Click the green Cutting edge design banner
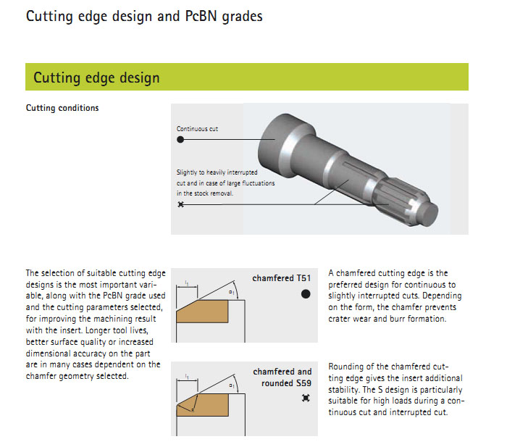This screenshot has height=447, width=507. pyautogui.click(x=247, y=77)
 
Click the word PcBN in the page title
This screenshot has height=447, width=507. pyautogui.click(x=201, y=16)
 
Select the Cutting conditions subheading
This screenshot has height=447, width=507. pyautogui.click(x=62, y=108)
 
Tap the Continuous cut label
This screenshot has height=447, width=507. pyautogui.click(x=197, y=129)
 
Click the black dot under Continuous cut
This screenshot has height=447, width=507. pyautogui.click(x=180, y=139)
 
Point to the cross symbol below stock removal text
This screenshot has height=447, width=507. pyautogui.click(x=181, y=204)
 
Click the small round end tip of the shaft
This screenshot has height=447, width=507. pyautogui.click(x=430, y=214)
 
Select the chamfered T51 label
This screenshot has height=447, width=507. pyautogui.click(x=281, y=278)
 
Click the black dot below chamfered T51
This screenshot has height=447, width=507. pyautogui.click(x=306, y=294)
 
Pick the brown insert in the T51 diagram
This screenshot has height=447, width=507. pyautogui.click(x=202, y=311)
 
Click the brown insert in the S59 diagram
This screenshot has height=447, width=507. pyautogui.click(x=203, y=405)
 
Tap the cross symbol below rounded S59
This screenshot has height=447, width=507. pyautogui.click(x=306, y=398)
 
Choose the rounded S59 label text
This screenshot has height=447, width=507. pyautogui.click(x=286, y=383)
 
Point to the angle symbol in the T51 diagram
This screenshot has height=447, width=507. pyautogui.click(x=232, y=293)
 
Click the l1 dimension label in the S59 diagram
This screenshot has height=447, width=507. pyautogui.click(x=187, y=376)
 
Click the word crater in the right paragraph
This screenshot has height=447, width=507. pyautogui.click(x=339, y=319)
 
